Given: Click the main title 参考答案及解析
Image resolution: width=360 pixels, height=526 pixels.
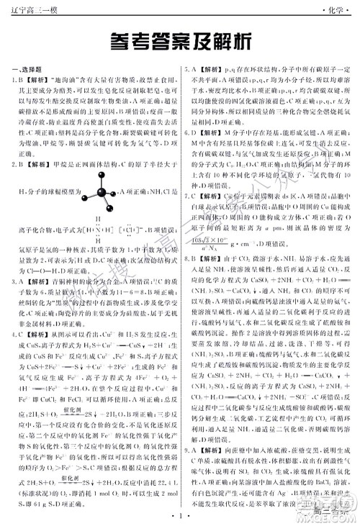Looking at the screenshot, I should (x=180, y=42).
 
